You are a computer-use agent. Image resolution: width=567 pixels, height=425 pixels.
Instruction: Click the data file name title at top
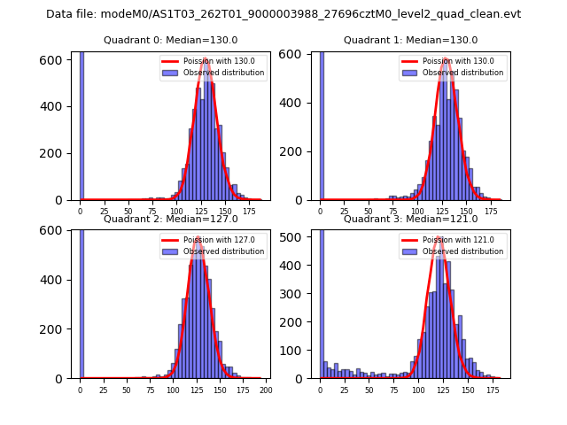pyautogui.click(x=283, y=14)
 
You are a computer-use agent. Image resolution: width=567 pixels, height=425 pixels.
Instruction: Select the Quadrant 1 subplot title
pyautogui.click(x=410, y=40)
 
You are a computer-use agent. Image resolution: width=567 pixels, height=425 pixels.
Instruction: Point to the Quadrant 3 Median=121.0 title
pyautogui.click(x=410, y=219)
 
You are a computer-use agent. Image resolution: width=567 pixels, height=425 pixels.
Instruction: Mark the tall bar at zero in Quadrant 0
pyautogui.click(x=82, y=124)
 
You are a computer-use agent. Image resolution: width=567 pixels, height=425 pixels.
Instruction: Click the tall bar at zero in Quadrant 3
pyautogui.click(x=322, y=301)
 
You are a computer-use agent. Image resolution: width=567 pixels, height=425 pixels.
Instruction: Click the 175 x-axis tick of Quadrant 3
pyautogui.click(x=486, y=390)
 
